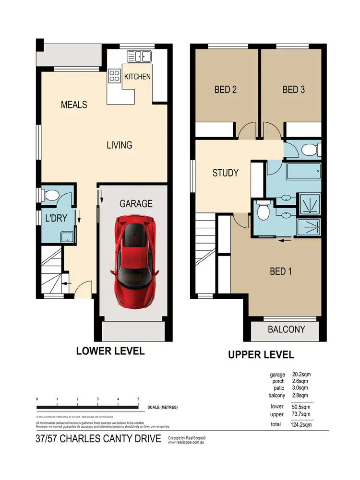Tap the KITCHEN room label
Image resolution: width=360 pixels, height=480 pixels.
[x=137, y=77]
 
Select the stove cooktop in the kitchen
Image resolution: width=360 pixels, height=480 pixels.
[x=115, y=75]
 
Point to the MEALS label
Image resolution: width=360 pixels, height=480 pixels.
[x=74, y=105]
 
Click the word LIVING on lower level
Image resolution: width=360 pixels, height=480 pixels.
[x=119, y=145]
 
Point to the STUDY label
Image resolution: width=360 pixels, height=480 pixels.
[x=225, y=173]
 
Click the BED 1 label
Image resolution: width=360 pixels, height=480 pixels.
[x=281, y=271]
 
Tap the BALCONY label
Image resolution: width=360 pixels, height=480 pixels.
[x=287, y=329]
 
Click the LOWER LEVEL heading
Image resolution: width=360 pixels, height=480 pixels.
[x=110, y=351]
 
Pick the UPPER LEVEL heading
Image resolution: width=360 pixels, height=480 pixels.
[x=261, y=355]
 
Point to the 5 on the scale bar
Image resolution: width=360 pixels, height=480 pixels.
[x=138, y=399]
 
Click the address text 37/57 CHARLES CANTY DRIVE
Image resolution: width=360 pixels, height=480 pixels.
[x=98, y=439]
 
